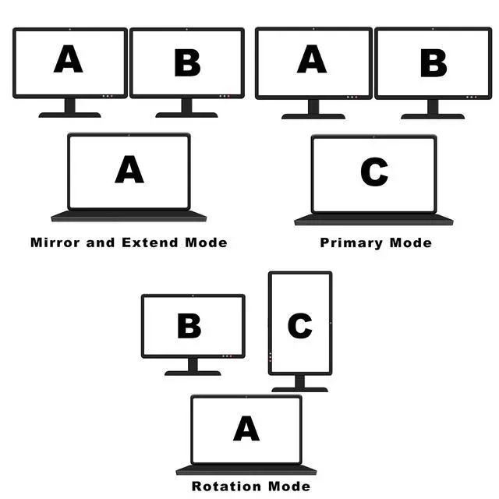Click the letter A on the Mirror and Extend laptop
click(129, 169)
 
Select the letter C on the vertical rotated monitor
click(300, 326)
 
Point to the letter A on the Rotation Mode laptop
click(246, 428)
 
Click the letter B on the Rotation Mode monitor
click(189, 326)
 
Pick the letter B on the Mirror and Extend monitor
click(187, 63)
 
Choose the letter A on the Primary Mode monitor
click(312, 60)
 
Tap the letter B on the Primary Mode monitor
click(434, 63)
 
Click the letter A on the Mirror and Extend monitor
click(69, 60)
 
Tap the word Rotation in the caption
click(218, 487)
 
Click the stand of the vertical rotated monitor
click(299, 381)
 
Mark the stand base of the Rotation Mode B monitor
click(193, 373)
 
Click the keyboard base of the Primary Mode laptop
click(373, 220)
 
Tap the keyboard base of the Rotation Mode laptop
click(246, 470)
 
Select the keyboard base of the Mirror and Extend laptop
click(129, 216)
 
